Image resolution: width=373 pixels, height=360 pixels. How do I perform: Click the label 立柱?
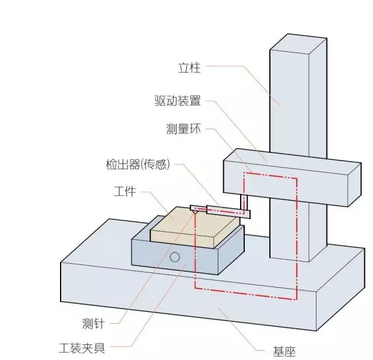pyautogui.click(x=189, y=68)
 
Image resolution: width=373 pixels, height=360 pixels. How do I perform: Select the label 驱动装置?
pyautogui.click(x=178, y=100)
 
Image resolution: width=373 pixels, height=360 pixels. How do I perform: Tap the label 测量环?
pyautogui.click(x=184, y=129)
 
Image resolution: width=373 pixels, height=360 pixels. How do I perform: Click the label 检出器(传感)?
pyautogui.click(x=138, y=165)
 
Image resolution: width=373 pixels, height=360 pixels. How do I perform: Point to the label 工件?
pyautogui.click(x=125, y=191)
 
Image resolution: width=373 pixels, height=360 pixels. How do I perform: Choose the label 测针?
pyautogui.click(x=93, y=324)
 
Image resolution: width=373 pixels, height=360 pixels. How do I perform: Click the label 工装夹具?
pyautogui.click(x=82, y=348)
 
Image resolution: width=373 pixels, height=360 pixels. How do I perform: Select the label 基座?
pyautogui.click(x=284, y=351)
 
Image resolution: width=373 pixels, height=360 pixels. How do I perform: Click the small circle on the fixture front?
pyautogui.click(x=175, y=257)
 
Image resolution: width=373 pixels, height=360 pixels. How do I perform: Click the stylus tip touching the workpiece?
pyautogui.click(x=195, y=213)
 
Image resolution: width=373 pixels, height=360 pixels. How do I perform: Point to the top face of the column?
pyautogui.click(x=298, y=44)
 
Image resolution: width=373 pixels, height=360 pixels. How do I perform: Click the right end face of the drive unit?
pyautogui.click(x=354, y=185)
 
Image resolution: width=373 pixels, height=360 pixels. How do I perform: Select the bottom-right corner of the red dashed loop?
pyautogui.click(x=297, y=299)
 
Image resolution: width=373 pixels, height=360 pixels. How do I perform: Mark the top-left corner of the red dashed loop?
pyautogui.click(x=244, y=172)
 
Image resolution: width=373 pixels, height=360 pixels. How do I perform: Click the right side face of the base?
pyautogui.click(x=340, y=289)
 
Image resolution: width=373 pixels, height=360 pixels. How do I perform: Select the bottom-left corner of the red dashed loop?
pyautogui.click(x=195, y=288)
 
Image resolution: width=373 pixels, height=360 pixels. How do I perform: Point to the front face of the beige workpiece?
pyautogui.click(x=182, y=239)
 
